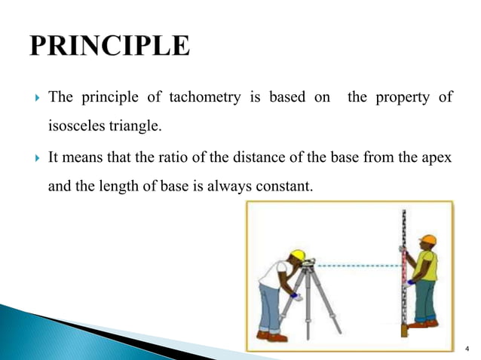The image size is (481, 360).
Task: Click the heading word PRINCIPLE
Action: (x=110, y=46)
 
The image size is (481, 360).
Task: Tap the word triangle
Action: (x=136, y=126)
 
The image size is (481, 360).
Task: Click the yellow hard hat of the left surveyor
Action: (x=298, y=255)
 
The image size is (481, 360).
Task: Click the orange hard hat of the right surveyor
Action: (x=428, y=241)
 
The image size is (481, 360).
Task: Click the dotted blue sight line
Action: (x=358, y=265)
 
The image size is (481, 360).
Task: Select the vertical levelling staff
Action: (x=404, y=271)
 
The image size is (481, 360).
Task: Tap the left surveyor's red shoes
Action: (x=272, y=336)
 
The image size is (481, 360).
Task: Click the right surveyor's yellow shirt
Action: (x=427, y=265)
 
